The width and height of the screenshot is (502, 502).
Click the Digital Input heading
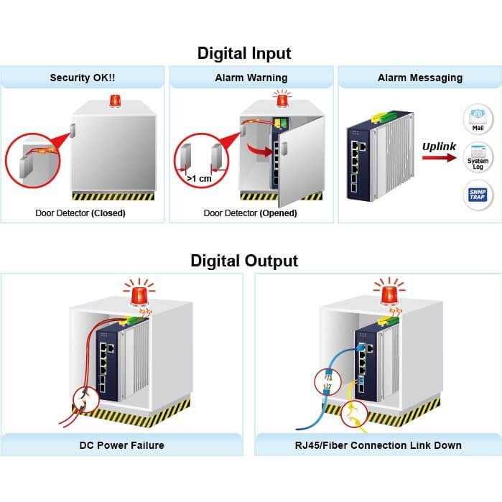[x=244, y=53]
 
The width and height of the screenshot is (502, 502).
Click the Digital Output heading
[x=244, y=261]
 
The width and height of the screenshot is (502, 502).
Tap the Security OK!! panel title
[x=83, y=78]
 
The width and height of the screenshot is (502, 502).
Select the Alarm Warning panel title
[x=251, y=78]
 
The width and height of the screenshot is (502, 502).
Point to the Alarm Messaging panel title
[x=420, y=78]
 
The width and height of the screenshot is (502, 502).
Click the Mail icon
[x=478, y=118]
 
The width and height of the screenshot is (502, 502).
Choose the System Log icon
[x=478, y=157]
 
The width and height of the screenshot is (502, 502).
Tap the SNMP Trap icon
[x=478, y=195]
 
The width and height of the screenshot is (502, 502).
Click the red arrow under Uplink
[x=440, y=157]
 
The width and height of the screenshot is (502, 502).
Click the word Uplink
[x=439, y=147]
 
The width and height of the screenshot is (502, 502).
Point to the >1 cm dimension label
[x=199, y=178]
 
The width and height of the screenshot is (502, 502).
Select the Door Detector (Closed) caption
[x=80, y=213]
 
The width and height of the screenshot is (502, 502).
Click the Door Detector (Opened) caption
[x=251, y=213]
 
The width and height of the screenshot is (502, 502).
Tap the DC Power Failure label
[x=121, y=445]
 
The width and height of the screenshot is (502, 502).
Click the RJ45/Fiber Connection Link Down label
[x=378, y=445]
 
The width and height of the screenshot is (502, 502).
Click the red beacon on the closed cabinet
[x=115, y=101]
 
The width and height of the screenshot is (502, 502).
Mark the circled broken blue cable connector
[x=327, y=381]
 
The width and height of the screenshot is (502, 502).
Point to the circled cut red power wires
[x=86, y=400]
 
